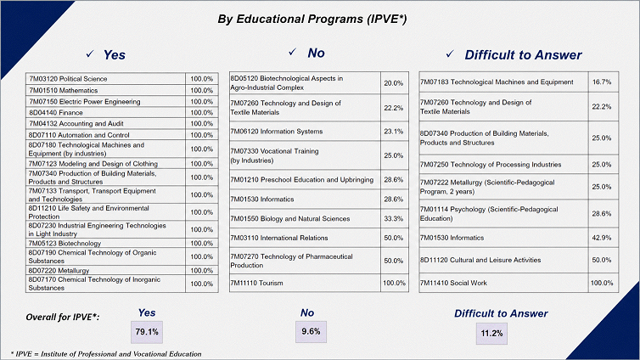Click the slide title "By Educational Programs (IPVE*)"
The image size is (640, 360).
click(312, 20)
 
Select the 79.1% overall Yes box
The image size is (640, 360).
click(147, 332)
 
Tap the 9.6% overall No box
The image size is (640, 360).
click(311, 331)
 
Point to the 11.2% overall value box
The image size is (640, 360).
click(491, 334)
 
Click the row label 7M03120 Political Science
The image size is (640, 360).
click(68, 79)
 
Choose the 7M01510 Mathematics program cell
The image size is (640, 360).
click(64, 90)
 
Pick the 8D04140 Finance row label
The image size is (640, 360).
click(55, 113)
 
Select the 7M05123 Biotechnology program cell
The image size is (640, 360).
click(65, 244)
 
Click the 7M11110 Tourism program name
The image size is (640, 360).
click(256, 283)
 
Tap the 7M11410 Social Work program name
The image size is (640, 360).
click(453, 283)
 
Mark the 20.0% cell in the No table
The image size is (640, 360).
click(394, 83)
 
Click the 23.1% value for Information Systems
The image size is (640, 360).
click(394, 132)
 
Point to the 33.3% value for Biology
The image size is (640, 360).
click(394, 219)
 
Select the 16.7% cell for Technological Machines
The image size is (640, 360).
click(602, 82)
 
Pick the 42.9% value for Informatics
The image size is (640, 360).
click(602, 238)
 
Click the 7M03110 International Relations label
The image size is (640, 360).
click(279, 238)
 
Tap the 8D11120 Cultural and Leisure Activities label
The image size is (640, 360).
click(480, 260)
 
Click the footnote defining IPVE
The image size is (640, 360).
click(106, 354)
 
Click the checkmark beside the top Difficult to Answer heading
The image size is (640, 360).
click(450, 53)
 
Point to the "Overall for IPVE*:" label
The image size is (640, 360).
click(63, 318)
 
